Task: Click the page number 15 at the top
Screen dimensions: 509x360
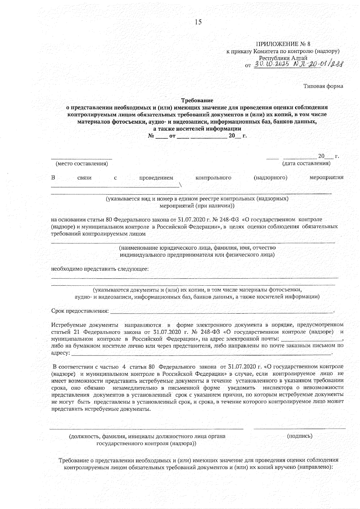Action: coord(198,22)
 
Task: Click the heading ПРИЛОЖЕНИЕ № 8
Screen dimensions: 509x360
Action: coord(283,44)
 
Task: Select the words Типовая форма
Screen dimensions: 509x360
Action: coord(323,86)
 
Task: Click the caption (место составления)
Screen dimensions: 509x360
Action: coord(82,164)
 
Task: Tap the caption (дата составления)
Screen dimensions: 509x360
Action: coord(306,163)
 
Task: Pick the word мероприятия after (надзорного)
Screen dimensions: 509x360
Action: coord(326,178)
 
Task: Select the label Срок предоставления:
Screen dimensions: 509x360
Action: coord(80,311)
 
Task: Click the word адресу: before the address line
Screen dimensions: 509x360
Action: coord(61,353)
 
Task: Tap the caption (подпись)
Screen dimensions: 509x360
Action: coord(299,436)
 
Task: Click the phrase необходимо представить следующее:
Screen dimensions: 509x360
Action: coord(100,269)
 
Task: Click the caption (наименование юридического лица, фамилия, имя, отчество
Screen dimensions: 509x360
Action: coord(197,248)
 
